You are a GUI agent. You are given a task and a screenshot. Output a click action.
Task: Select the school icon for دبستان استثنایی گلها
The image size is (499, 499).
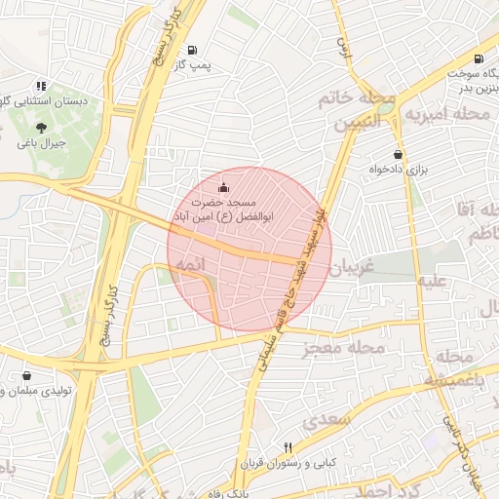coord(40,86)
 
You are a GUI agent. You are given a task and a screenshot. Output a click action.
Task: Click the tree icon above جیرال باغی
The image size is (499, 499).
coord(40,127)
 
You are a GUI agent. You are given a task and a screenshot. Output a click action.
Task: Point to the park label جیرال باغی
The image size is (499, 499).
coord(41,142)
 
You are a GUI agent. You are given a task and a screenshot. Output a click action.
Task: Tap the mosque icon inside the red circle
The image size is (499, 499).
coord(224,187)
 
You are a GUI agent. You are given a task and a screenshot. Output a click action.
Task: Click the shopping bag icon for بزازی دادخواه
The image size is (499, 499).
coord(397,154)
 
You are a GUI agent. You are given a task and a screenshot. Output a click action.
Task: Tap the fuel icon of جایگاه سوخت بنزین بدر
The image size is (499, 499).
coord(480,58)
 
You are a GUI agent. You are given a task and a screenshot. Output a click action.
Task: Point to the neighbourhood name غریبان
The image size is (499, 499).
coord(352,266)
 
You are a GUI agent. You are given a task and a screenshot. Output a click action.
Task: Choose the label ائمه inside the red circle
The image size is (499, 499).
coord(188,265)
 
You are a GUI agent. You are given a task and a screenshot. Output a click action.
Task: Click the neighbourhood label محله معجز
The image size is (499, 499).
coord(344,347)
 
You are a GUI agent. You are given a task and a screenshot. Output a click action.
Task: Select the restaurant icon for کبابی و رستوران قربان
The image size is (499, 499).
coord(260,446)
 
